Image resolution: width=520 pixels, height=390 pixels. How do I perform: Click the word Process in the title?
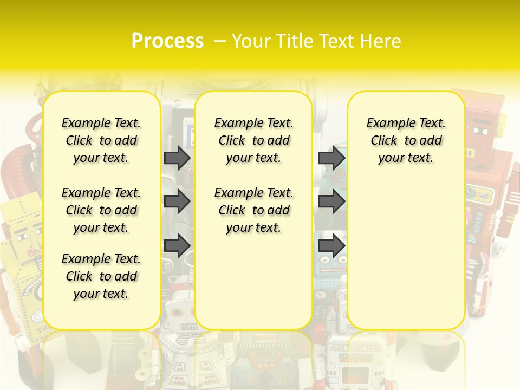coord(167,41)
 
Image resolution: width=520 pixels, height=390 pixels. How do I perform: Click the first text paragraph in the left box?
coord(101,140)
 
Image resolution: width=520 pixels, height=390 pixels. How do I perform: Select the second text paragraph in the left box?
coord(101,210)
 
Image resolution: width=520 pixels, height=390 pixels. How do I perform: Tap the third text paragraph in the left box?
coord(101,276)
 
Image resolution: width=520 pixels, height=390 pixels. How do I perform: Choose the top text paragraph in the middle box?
coord(253,140)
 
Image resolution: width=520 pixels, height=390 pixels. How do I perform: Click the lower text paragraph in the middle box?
coord(253,210)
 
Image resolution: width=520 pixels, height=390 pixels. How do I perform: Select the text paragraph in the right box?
coord(406,140)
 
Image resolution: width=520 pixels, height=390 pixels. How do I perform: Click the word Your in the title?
coord(251,41)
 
